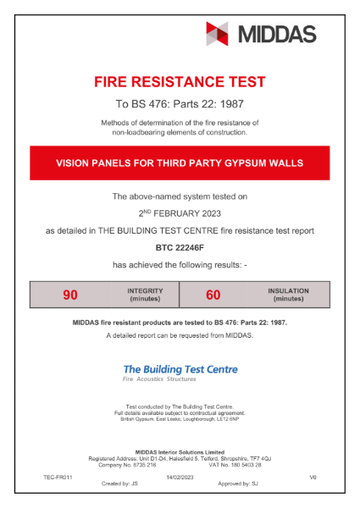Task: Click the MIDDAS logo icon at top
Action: point(218,34)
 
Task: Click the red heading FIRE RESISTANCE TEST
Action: point(180,82)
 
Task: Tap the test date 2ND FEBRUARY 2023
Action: point(180,213)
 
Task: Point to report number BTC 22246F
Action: point(180,248)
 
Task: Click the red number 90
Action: point(70,295)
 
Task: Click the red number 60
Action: point(213,295)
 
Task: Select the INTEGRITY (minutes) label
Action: point(146,295)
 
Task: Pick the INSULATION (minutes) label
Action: point(288,295)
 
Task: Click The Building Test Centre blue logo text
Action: point(180,369)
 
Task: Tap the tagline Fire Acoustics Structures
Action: point(159,379)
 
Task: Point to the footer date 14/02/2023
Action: point(180,478)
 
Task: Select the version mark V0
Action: point(313,478)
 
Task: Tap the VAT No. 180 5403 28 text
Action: point(235,465)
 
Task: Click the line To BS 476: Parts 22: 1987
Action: point(180,105)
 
